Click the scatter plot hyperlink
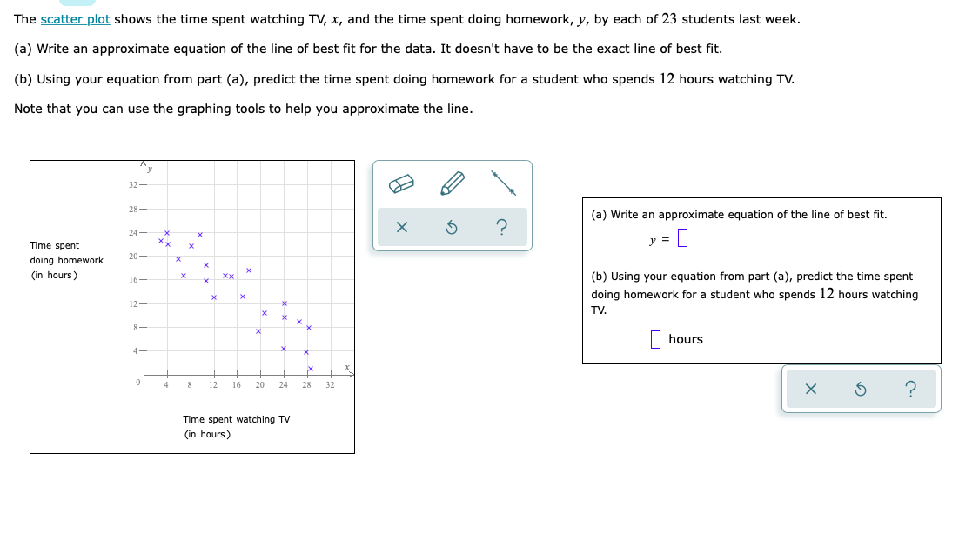click(x=75, y=19)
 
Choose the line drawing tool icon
click(x=503, y=183)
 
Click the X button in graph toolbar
click(x=401, y=228)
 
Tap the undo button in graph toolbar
click(x=452, y=228)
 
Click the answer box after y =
click(x=682, y=238)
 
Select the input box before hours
click(x=656, y=339)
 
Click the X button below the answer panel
click(x=811, y=390)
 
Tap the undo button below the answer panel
click(x=861, y=390)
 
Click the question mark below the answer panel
click(x=910, y=390)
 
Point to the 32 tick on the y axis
click(x=133, y=184)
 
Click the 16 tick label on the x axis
click(x=236, y=384)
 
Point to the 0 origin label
click(x=137, y=383)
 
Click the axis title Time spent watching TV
click(x=237, y=419)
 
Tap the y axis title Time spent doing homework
click(x=67, y=260)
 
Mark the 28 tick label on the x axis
click(x=306, y=384)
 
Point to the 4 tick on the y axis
click(x=136, y=351)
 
